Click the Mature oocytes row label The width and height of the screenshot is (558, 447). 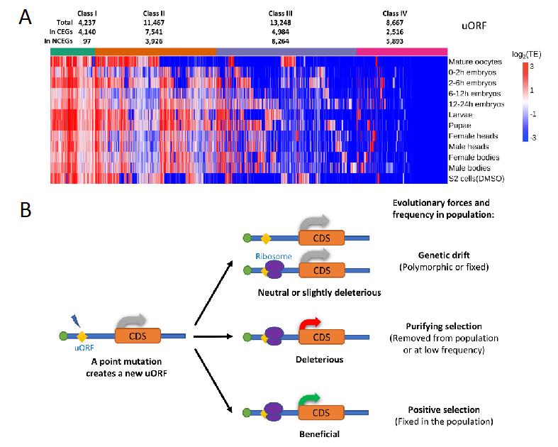point(474,62)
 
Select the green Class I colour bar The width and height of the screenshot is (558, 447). point(73,51)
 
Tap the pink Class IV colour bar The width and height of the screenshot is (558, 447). point(401,51)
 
